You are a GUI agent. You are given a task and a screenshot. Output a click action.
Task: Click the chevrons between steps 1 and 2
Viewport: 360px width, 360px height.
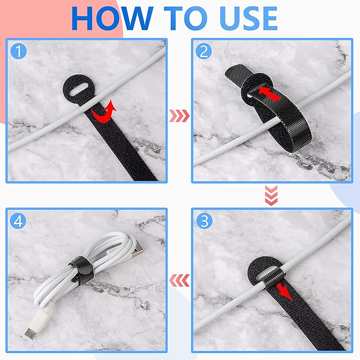(178, 114)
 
